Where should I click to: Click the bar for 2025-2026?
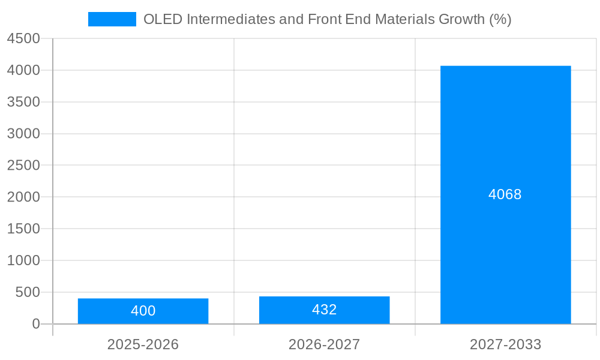143,311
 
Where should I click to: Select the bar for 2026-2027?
324,310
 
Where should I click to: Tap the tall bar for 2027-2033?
505,194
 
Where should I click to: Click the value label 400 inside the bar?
143,311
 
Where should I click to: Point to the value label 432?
324,310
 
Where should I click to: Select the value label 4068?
505,194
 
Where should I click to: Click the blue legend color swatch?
112,19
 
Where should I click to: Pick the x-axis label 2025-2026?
143,344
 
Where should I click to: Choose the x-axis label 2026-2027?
324,344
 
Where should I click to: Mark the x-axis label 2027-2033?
505,344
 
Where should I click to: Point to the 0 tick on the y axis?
35,324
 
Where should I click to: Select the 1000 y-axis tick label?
23,260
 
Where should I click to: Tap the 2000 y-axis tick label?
23,197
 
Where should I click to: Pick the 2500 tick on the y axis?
23,165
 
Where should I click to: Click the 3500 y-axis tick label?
23,102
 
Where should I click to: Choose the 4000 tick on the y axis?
23,70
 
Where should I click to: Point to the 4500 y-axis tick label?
23,38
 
